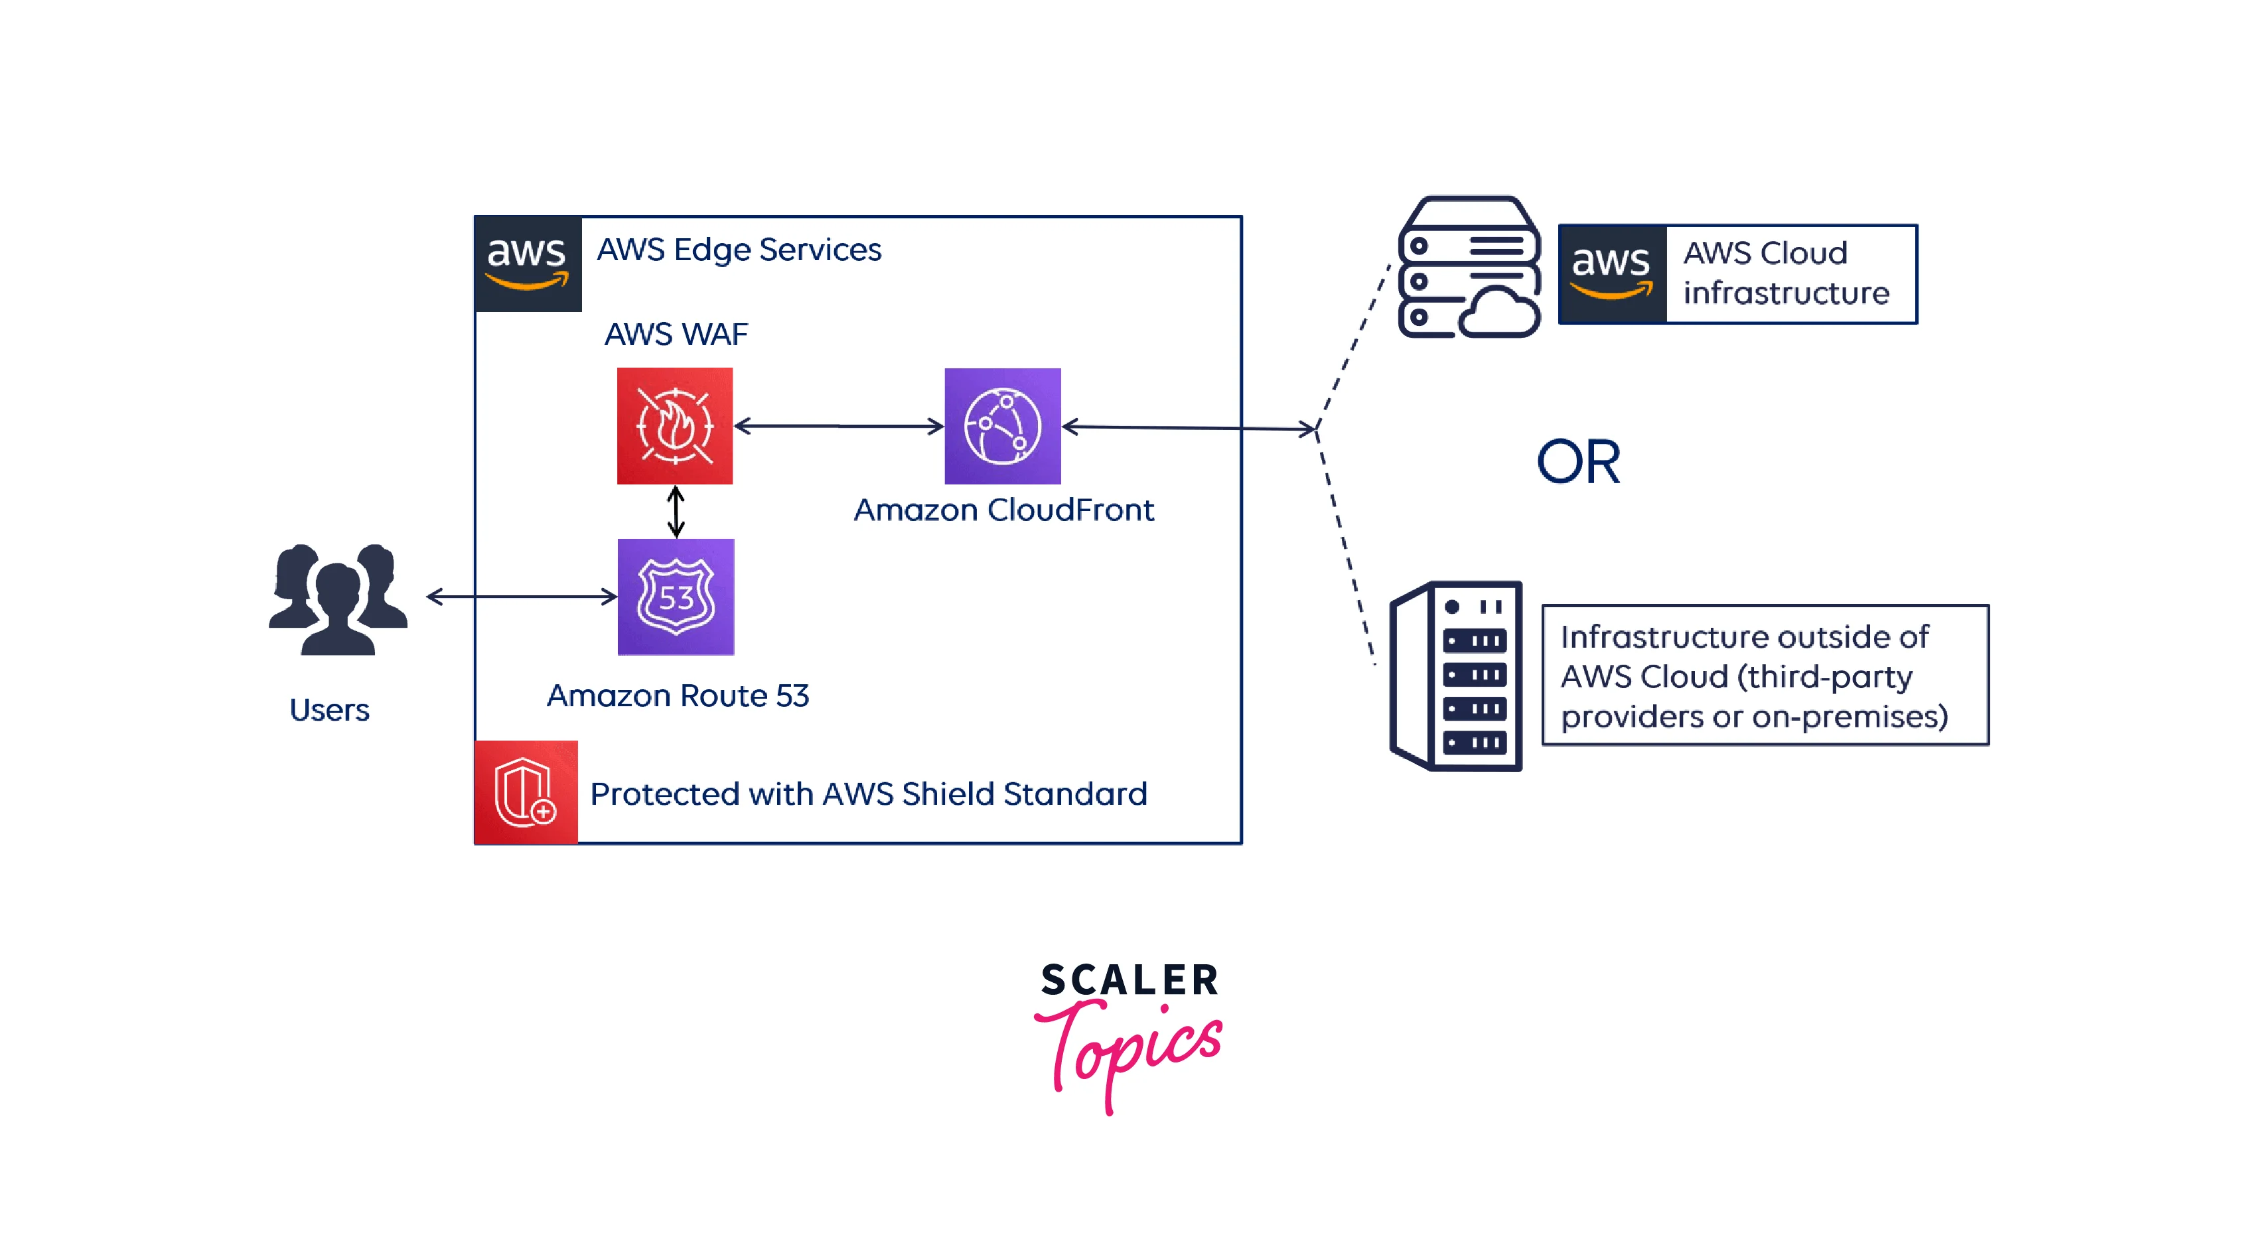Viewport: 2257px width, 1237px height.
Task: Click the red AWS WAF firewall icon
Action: pos(675,426)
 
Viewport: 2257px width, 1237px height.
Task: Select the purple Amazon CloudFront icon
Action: pos(1002,426)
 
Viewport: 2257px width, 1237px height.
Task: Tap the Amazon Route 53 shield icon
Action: pos(676,597)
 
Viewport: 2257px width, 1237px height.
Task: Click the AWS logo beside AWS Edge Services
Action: pos(528,263)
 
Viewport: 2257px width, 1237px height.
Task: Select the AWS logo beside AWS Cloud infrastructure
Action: pos(1612,274)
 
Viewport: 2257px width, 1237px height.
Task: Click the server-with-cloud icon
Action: pos(1469,267)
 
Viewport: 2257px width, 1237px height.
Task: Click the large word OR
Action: pos(1579,462)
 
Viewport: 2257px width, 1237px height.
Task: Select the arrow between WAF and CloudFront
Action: pos(838,427)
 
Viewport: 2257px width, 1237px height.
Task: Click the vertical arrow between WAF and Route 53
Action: pos(676,512)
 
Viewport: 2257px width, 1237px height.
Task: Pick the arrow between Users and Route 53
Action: pos(522,597)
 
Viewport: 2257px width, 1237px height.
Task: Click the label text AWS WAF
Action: pos(676,334)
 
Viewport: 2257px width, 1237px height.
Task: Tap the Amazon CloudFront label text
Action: pos(1004,510)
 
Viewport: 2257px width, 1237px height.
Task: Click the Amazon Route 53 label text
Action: pos(678,695)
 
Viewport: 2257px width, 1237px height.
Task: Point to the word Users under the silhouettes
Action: pos(329,709)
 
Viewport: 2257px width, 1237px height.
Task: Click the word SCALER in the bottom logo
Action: pos(1129,980)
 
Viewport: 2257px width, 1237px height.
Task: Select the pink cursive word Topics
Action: pos(1130,1047)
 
